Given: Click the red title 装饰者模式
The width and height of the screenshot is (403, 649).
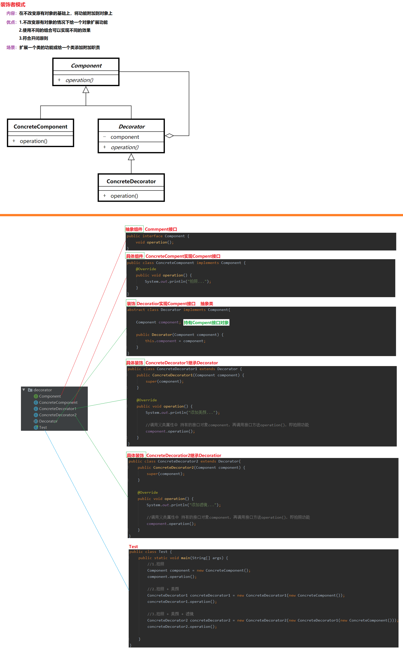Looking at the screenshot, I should point(13,4).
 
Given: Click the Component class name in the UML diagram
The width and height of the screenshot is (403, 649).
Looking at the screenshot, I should point(86,66).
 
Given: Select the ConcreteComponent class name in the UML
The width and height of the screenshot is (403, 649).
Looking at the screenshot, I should point(40,127).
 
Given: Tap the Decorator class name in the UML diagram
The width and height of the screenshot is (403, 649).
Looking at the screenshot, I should point(131,127).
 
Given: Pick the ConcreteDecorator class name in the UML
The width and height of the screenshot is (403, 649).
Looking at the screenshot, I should point(131,182).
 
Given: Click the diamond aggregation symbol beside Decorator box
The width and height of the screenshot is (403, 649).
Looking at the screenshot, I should point(169,136).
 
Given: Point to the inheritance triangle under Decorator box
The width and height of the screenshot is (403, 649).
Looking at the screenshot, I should point(131,157).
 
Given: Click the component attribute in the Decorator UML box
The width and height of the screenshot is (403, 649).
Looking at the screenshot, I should point(125,137).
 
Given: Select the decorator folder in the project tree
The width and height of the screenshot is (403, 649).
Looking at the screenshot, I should point(43,390).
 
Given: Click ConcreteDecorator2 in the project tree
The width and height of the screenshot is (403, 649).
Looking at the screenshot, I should point(58,415).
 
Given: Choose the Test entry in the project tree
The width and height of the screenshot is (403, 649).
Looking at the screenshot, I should point(43,428).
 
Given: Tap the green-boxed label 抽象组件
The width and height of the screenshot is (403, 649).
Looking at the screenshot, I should point(134,229).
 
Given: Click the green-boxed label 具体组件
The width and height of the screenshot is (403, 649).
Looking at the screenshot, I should point(135,256).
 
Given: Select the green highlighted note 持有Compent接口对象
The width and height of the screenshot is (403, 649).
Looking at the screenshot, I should point(206,323).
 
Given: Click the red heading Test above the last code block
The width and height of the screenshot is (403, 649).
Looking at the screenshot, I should point(133,547).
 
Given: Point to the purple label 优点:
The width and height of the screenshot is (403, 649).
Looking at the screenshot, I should point(11,22).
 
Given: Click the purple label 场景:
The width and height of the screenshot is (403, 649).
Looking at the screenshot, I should point(11,47).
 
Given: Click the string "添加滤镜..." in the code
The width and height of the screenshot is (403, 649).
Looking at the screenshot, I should point(202,505).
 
